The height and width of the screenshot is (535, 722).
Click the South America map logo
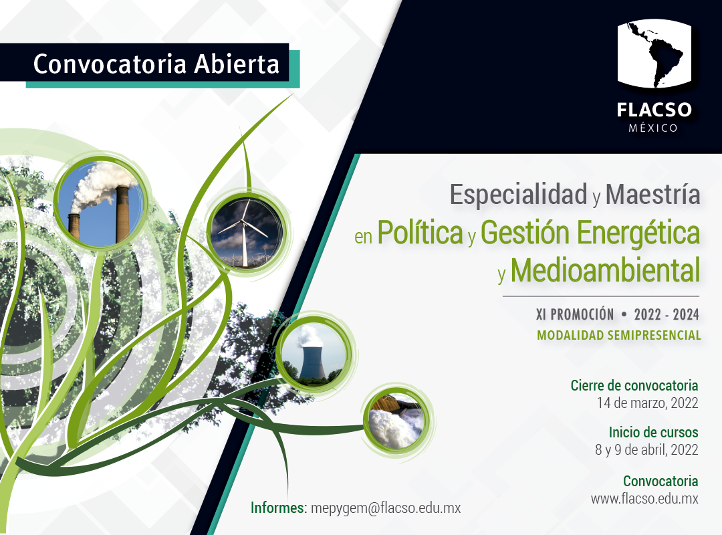click(654, 54)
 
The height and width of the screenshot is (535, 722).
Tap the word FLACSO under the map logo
click(654, 110)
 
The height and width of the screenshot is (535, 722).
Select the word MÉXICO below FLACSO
click(653, 128)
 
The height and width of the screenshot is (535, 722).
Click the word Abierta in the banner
click(237, 64)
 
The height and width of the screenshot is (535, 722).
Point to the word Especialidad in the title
click(519, 194)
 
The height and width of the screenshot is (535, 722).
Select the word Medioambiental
click(606, 270)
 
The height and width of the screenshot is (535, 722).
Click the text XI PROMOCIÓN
click(575, 314)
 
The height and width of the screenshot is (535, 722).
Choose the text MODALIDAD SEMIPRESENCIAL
click(619, 335)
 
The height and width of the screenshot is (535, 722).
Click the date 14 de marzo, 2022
click(647, 403)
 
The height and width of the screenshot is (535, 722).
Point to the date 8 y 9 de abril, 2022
click(646, 449)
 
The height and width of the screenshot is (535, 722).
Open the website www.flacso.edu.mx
click(644, 498)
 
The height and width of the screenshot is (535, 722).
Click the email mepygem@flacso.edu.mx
click(386, 508)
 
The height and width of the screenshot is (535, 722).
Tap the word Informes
click(279, 508)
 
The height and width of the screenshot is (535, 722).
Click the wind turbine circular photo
click(246, 233)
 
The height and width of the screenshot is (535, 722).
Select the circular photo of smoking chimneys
click(100, 202)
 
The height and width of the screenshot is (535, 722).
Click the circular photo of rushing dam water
click(396, 421)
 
